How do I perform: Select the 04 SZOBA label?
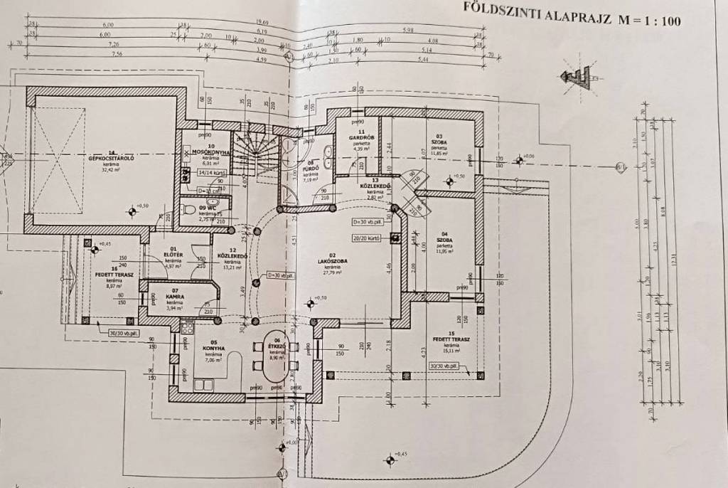coord(444,240)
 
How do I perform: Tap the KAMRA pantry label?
coord(175,296)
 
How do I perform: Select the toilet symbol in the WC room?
coord(187,209)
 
